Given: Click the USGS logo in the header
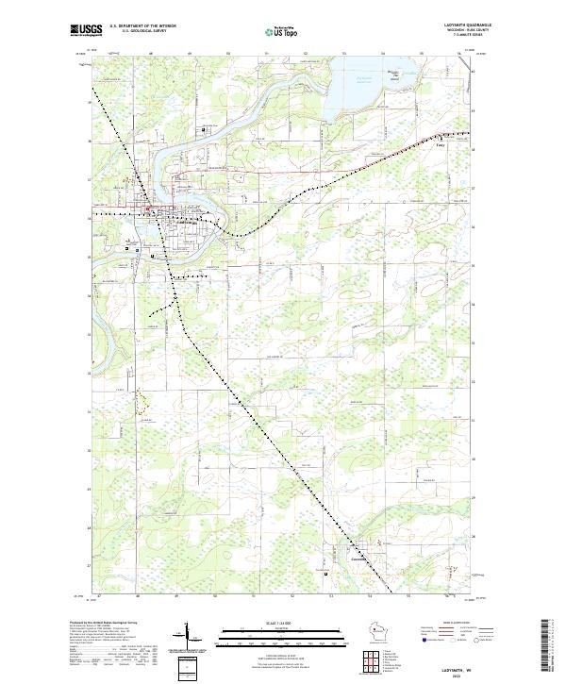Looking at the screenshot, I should coord(85,30).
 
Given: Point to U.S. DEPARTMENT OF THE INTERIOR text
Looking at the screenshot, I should coord(142,25).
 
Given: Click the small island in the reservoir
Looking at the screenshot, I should coord(396,76).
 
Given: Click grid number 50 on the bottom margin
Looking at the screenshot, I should coord(216,595).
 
